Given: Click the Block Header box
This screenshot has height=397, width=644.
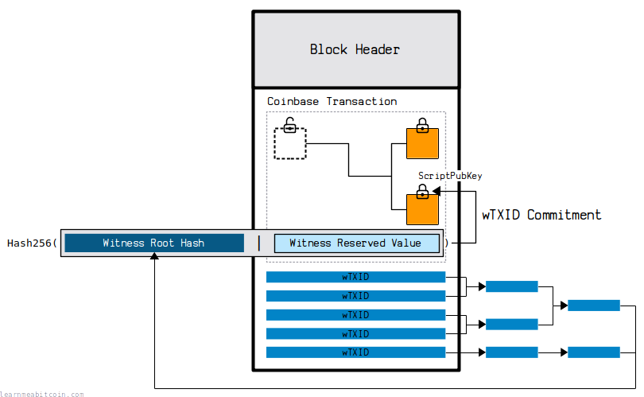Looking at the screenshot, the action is coord(356,50).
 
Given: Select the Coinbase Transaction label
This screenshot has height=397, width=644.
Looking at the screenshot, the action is coord(332,102).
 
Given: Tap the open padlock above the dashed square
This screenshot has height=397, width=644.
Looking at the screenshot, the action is coord(290,125).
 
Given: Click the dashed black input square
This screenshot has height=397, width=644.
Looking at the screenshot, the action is coord(290,143).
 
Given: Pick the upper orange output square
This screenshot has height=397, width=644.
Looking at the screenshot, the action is coord(422,143).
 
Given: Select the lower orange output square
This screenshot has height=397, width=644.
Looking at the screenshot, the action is coord(422,209).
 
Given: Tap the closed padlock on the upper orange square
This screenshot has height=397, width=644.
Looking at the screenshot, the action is coord(422,126).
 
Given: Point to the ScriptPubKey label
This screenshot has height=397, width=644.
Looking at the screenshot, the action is coord(450,176).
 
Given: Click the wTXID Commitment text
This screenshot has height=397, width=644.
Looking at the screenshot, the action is coord(541,215).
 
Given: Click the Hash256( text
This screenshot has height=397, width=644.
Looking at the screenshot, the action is coord(32,243).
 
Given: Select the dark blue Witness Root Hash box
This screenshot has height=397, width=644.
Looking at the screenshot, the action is coord(154,243).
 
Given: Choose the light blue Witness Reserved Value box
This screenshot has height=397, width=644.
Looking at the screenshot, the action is coord(356,243).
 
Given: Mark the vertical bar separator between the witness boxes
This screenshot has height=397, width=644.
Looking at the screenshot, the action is coord(259,243).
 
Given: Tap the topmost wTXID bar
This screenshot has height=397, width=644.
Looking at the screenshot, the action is coord(355,277).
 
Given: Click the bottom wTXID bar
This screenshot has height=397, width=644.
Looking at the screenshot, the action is coord(355,352).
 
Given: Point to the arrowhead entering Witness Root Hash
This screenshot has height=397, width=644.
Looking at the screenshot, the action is coord(154,256).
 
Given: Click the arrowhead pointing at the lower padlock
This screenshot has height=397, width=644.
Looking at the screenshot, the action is coord(436,191).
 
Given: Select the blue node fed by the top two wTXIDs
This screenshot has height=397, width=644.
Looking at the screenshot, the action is coord(512,286).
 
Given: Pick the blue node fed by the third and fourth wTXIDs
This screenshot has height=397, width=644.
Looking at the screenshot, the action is coord(512,325).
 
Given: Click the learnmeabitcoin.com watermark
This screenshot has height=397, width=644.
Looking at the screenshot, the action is coord(41,394).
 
